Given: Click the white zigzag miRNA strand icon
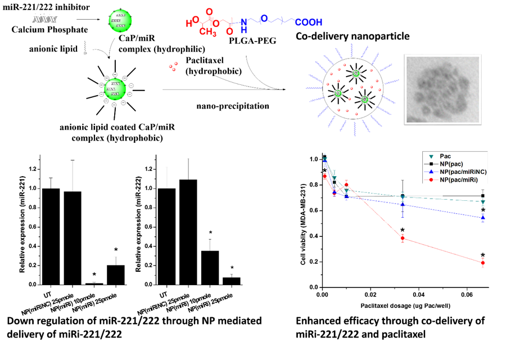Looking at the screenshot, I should click(x=45, y=20).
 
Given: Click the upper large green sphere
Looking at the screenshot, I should click(x=120, y=21).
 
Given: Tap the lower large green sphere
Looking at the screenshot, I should click(x=115, y=89).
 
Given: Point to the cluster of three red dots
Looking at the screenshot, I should click(x=173, y=66).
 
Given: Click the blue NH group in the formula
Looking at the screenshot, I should click(x=244, y=26).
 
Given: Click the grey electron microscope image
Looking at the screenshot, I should click(x=442, y=89).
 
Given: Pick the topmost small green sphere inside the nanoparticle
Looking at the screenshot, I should click(x=356, y=74).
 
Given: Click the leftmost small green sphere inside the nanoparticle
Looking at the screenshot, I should click(x=338, y=93).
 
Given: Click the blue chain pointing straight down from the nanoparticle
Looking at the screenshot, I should click(x=355, y=129).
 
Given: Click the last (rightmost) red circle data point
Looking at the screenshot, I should click(x=483, y=263).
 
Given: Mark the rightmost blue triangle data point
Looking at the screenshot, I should click(x=483, y=218).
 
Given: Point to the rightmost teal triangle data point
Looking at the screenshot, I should click(x=483, y=202).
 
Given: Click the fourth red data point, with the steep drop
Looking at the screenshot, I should click(x=403, y=238).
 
